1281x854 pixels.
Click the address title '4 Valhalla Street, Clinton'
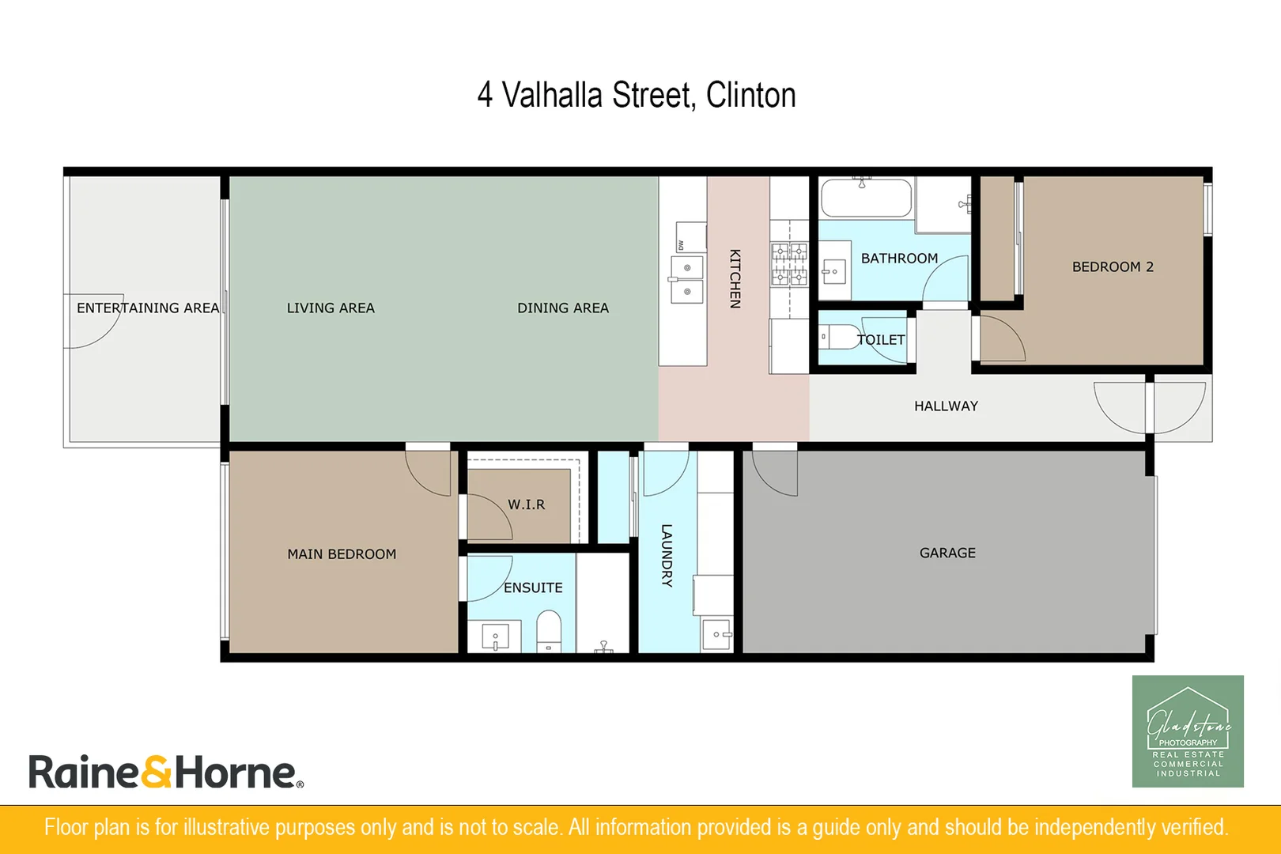(x=637, y=95)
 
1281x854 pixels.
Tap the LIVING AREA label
(x=331, y=308)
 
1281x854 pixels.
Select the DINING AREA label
(x=563, y=308)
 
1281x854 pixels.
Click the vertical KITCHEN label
(x=735, y=278)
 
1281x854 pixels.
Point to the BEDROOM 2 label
(x=1113, y=266)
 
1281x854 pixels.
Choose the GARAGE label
(x=947, y=553)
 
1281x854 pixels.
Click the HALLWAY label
(x=946, y=406)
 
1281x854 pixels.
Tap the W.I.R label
(x=526, y=504)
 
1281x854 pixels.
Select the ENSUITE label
(x=533, y=588)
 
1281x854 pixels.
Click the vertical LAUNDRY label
(x=667, y=555)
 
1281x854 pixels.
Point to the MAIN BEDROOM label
(x=342, y=554)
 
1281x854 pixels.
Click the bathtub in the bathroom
(x=866, y=198)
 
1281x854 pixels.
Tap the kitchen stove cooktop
(x=789, y=264)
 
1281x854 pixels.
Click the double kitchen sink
(x=687, y=279)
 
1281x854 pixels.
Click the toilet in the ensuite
(x=549, y=630)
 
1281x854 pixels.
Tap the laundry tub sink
(x=717, y=634)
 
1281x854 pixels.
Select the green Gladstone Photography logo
(x=1188, y=731)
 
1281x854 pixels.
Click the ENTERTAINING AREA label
(x=148, y=308)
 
